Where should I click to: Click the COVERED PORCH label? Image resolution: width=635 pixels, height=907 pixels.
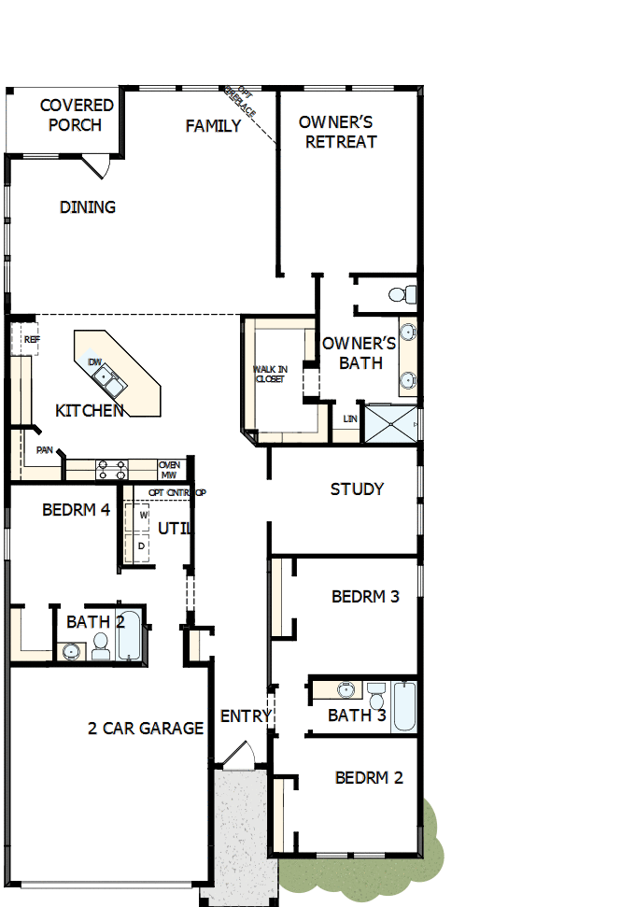click(77, 115)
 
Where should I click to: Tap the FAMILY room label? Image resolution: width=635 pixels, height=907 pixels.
click(213, 126)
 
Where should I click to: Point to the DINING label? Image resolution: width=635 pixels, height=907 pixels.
click(88, 207)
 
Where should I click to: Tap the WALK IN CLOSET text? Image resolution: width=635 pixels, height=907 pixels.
click(270, 374)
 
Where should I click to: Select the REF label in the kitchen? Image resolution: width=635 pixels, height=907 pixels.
click(32, 340)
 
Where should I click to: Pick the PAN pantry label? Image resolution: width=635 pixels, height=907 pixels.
click(44, 450)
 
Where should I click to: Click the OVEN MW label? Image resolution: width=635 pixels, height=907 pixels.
click(170, 469)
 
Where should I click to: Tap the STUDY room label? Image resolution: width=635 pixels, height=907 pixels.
click(357, 489)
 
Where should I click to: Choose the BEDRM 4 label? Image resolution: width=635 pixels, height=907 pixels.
click(77, 511)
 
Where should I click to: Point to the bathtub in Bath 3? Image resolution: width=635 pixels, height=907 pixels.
click(403, 707)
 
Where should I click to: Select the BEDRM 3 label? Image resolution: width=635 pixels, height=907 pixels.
click(365, 596)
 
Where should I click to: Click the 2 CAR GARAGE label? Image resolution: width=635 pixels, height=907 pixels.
click(146, 729)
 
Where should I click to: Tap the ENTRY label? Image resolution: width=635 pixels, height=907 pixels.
click(246, 716)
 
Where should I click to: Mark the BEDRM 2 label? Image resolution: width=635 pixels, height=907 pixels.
click(369, 777)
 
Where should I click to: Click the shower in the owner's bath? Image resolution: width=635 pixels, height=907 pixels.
click(390, 423)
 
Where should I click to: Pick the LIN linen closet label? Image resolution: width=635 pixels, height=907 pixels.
click(350, 418)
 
